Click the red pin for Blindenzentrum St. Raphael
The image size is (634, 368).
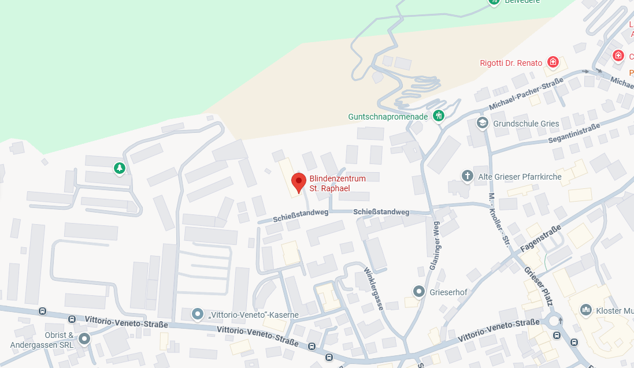pos(298,181)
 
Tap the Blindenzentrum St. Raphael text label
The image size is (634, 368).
pos(338,184)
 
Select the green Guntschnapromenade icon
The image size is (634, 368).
pos(439,116)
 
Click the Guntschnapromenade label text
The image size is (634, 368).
pos(388,117)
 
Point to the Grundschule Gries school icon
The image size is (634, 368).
pos(482,123)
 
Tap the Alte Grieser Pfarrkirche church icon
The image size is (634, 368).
pos(468,176)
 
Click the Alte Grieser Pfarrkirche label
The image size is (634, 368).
pos(520,177)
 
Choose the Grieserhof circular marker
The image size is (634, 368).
pos(419,292)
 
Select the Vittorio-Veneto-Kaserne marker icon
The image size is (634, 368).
pos(198,315)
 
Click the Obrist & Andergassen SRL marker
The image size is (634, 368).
pos(84,339)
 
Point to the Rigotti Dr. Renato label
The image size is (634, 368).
pos(511,63)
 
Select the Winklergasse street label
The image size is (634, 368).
pos(374,288)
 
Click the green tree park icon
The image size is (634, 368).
pos(119,168)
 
